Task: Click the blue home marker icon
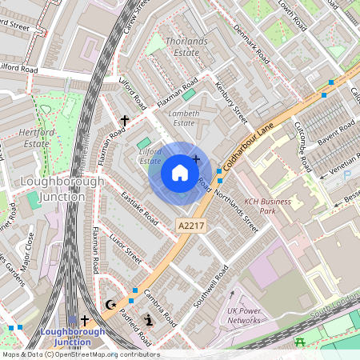180,172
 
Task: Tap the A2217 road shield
190,228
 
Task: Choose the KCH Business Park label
267,206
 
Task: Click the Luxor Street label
125,248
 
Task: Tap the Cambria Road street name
159,306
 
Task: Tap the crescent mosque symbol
110,304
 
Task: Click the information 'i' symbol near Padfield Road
148,321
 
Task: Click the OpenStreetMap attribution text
80,354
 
